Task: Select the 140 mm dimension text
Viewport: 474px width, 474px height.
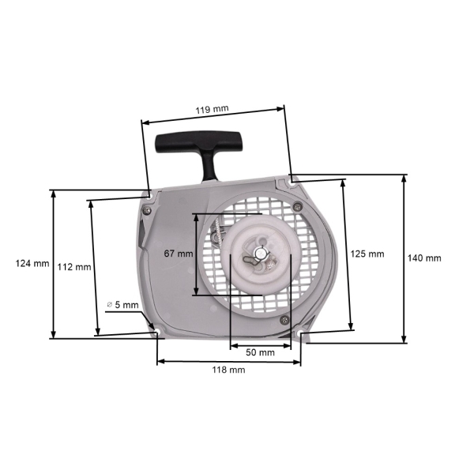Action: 424,258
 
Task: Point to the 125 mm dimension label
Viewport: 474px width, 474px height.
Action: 367,254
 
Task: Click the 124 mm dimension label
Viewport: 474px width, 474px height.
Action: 32,264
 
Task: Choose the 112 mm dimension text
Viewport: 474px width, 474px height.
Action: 73,266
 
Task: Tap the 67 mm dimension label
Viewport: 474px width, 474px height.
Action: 178,254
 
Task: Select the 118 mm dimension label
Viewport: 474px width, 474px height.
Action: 229,370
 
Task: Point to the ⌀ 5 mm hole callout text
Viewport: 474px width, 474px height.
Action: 122,304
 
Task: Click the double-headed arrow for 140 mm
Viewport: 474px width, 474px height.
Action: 404,258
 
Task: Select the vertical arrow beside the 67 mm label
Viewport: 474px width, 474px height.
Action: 195,254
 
